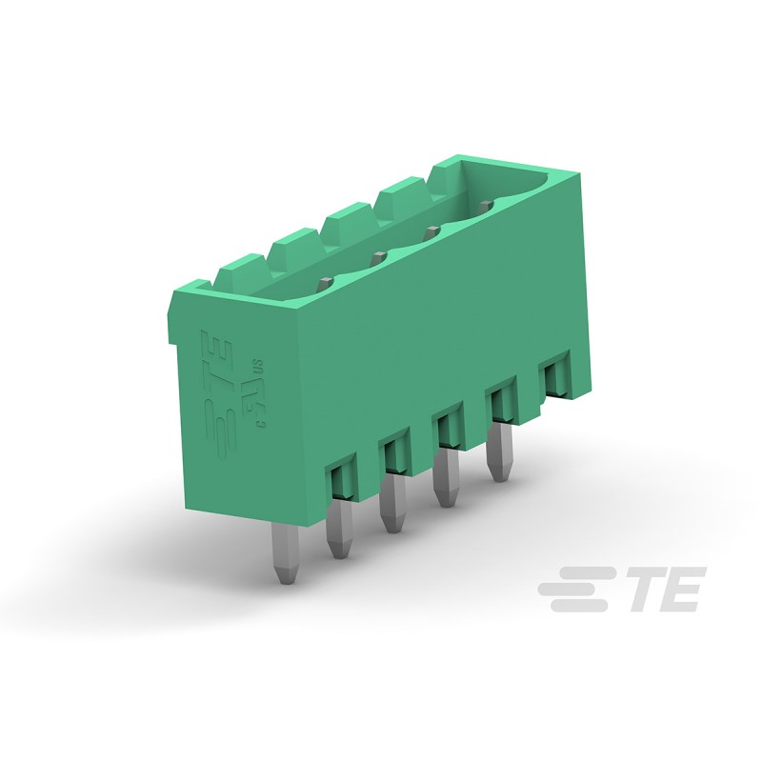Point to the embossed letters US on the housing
click(x=256, y=365)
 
